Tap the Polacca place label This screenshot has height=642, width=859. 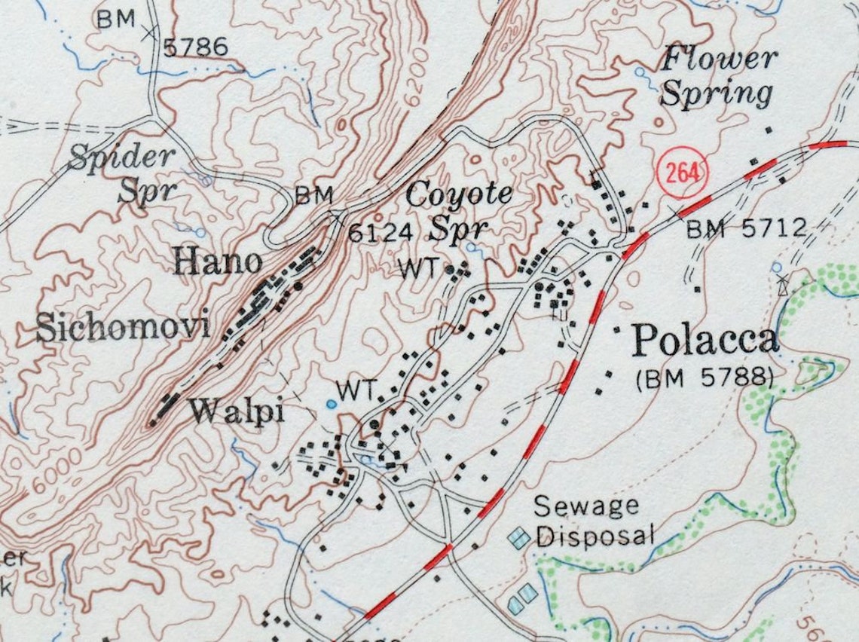tap(705, 340)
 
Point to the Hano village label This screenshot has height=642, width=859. tap(218, 262)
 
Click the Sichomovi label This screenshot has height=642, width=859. tap(122, 329)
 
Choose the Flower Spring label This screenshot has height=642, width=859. tap(718, 77)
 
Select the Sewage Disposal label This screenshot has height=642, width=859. tap(595, 521)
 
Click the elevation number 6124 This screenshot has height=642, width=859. tap(380, 233)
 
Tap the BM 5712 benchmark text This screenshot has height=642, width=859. tap(746, 227)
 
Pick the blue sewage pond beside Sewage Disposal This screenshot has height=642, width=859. tap(519, 538)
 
